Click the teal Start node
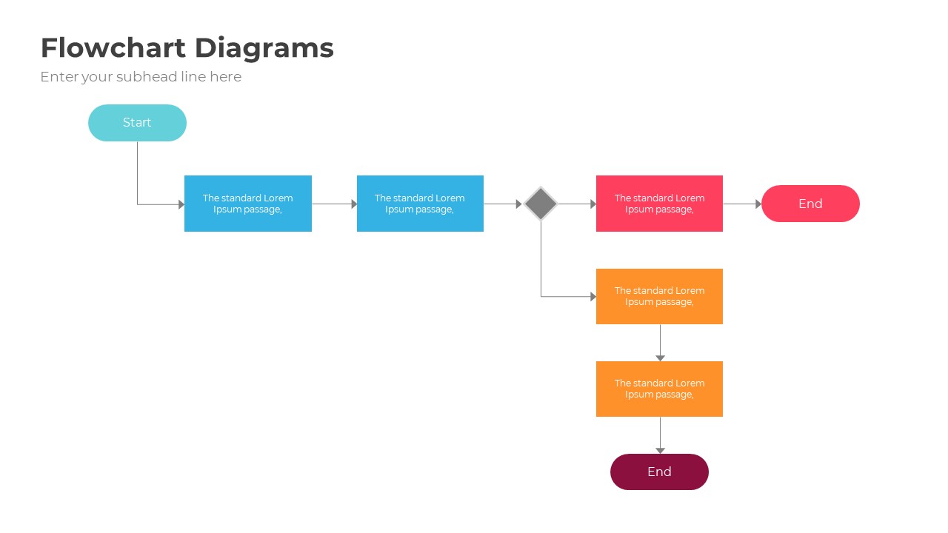pos(137,123)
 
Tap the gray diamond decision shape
pos(541,204)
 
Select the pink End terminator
pos(810,204)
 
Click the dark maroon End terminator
pos(659,472)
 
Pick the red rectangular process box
pos(659,204)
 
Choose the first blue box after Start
pos(247,204)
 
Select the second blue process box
pos(420,204)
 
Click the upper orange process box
pos(659,296)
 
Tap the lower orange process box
pos(659,389)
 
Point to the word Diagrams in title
pos(264,48)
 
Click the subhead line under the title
pos(141,77)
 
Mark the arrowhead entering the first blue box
pos(181,204)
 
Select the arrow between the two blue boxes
pos(334,204)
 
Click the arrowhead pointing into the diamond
pos(518,204)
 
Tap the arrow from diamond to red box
pos(577,204)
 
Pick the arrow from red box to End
pos(742,204)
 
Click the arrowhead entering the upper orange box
pos(592,297)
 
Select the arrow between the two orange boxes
pos(660,343)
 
